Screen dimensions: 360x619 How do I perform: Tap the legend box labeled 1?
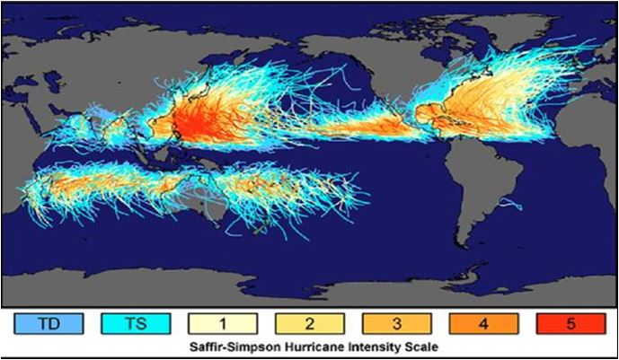(x=223, y=322)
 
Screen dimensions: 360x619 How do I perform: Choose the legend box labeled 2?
(x=308, y=322)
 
